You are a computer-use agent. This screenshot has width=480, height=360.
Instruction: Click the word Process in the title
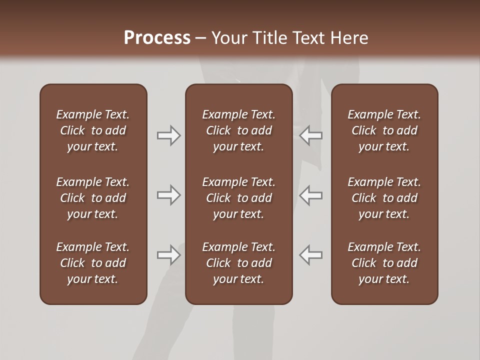click(x=157, y=38)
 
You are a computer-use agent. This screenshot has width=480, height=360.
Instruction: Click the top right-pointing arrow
click(x=168, y=135)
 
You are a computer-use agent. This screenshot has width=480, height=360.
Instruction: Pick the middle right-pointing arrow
click(x=168, y=195)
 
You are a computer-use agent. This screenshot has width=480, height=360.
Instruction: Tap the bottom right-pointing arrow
click(x=168, y=255)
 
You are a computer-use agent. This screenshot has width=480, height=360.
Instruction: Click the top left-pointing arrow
click(x=311, y=135)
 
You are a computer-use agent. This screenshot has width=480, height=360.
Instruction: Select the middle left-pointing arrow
click(x=311, y=195)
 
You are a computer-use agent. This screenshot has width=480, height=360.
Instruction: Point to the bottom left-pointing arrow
click(x=311, y=255)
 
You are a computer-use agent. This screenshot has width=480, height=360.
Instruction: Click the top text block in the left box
click(x=93, y=130)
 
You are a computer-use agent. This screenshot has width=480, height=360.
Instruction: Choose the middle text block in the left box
click(x=93, y=198)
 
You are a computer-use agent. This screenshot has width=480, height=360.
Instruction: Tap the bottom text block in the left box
click(x=93, y=263)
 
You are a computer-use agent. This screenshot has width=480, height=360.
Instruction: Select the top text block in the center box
click(x=239, y=130)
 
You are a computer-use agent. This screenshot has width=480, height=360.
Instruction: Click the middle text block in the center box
click(x=239, y=198)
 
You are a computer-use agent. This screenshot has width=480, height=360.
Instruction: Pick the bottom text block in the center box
click(x=239, y=263)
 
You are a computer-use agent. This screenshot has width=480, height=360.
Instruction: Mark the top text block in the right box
click(x=384, y=130)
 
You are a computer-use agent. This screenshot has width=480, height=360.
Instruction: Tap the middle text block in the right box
click(x=384, y=198)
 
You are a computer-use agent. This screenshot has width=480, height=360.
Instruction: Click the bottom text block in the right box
click(x=384, y=263)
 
